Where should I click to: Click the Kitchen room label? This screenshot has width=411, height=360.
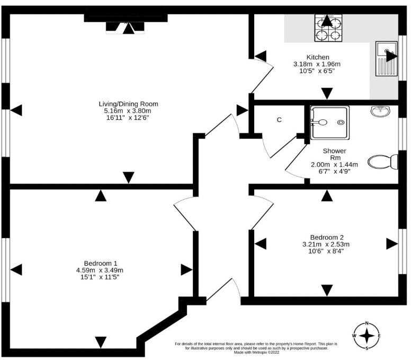318,57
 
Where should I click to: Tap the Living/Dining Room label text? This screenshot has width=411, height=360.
128,103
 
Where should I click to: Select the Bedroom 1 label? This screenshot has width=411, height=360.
100,263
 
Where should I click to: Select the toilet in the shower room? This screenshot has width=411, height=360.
383,161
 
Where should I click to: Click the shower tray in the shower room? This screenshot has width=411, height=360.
328,122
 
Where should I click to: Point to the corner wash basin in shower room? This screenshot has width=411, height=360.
381,112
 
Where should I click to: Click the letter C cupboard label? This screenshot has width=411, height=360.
279,120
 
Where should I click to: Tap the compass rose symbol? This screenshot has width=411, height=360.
367,336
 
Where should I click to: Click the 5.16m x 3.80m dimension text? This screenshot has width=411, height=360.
128,111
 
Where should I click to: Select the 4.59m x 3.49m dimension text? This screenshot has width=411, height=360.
100,270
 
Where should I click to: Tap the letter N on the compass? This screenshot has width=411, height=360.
367,324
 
